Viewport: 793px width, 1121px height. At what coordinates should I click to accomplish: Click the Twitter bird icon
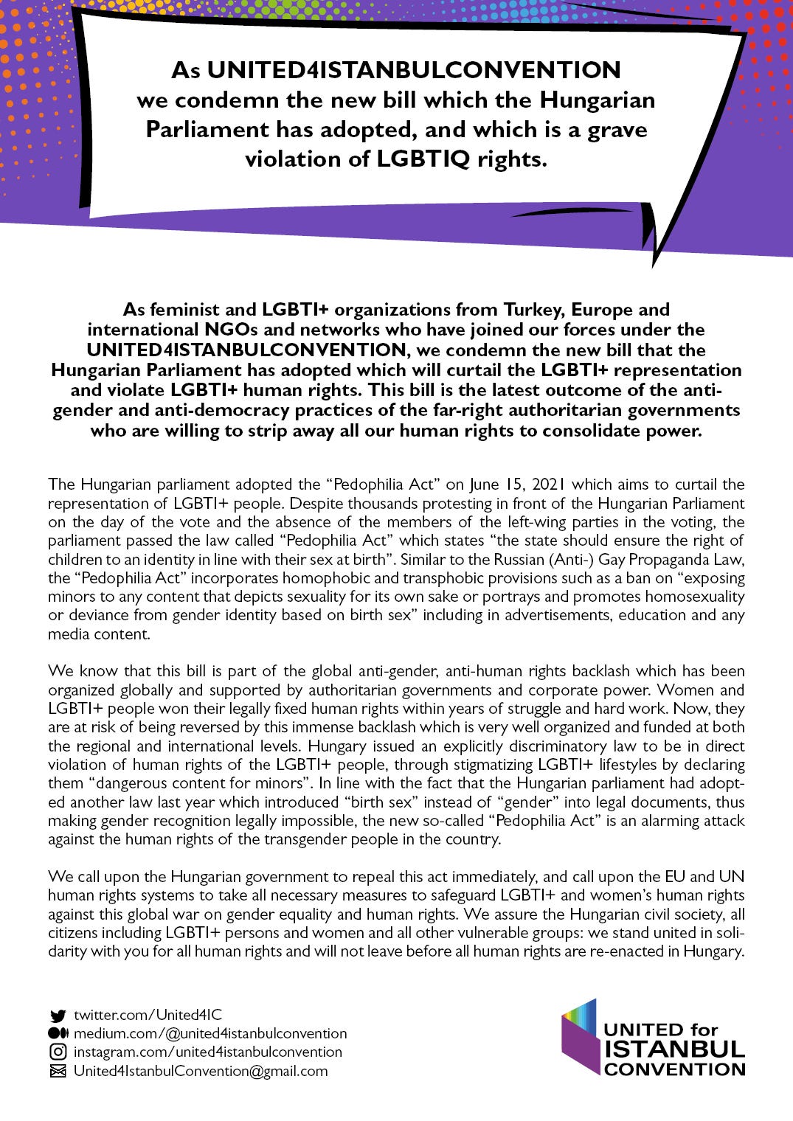tap(57, 1016)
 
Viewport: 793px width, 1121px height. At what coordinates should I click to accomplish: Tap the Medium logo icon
tap(58, 1033)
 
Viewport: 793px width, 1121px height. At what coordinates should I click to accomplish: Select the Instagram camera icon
tap(58, 1052)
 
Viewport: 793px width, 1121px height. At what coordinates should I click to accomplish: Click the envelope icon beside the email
tap(58, 1071)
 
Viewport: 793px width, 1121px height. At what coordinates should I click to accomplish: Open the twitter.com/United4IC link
tap(148, 1015)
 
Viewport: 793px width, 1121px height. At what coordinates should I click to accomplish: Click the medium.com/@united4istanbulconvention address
tap(210, 1033)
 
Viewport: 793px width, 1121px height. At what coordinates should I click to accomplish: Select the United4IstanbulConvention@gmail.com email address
tap(201, 1071)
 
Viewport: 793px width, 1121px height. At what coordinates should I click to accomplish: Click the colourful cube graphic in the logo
tap(580, 1036)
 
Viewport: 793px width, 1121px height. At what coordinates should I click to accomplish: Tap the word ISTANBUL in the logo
tap(674, 1049)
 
